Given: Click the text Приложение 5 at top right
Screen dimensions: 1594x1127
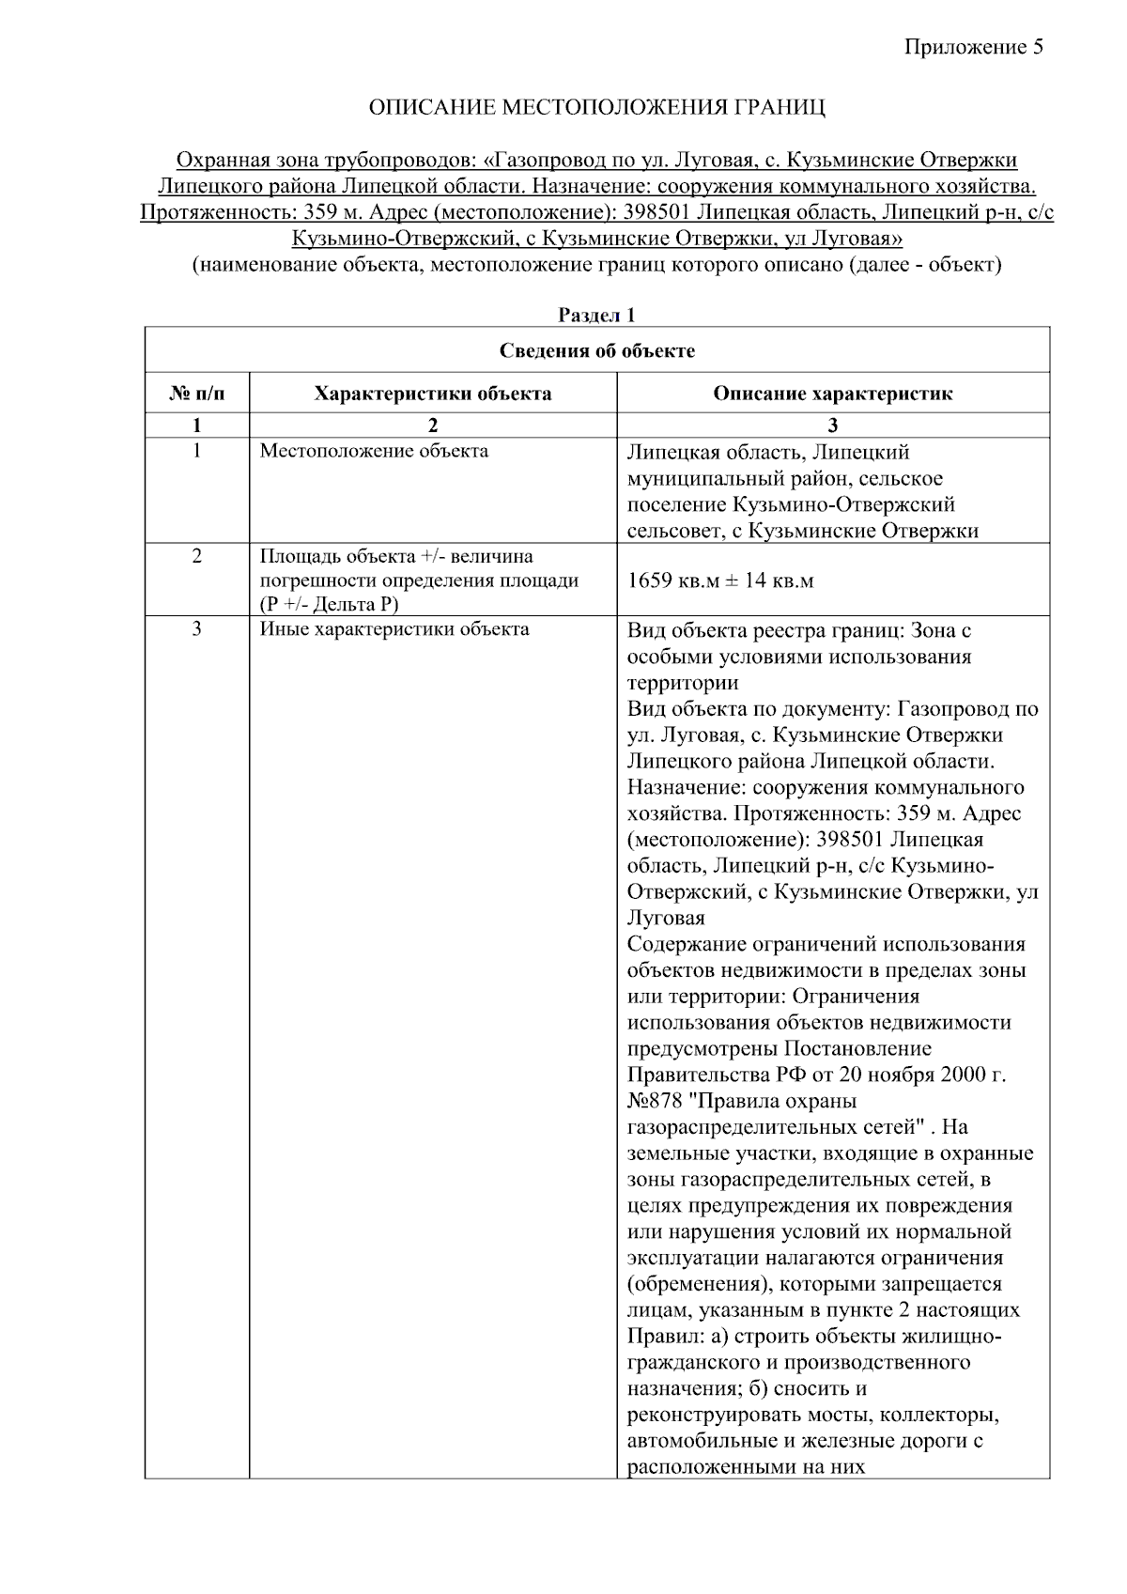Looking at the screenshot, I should tap(973, 47).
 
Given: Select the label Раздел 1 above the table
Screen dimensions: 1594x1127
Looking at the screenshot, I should tap(596, 316).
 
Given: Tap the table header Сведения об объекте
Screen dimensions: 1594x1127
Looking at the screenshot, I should tap(596, 351).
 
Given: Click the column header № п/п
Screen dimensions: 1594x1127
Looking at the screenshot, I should tap(196, 394).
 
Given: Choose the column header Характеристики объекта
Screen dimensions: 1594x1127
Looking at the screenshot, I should tap(433, 394).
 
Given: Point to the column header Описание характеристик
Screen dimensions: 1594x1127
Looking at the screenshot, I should tap(832, 394).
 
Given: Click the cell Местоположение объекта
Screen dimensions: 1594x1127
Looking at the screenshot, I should tap(374, 451).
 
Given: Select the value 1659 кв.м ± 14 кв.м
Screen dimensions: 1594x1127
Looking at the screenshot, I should tap(720, 580).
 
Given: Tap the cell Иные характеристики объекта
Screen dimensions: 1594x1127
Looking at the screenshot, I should tap(394, 629).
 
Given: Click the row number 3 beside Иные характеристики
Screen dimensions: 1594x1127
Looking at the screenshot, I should tap(196, 629).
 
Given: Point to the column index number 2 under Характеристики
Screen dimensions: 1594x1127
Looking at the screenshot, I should tap(433, 425).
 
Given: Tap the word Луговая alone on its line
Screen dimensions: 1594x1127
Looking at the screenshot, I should tap(666, 918).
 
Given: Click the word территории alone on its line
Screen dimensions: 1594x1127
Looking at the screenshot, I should tap(683, 683).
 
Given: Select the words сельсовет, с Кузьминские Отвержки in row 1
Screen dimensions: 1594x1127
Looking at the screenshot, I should tap(803, 531).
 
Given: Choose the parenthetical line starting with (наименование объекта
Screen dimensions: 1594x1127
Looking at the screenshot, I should tap(596, 265).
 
